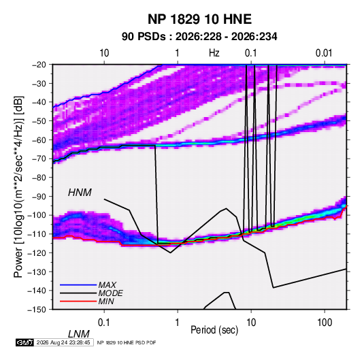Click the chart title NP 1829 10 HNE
point(199,19)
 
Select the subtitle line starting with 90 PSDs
point(199,37)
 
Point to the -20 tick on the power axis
point(39,65)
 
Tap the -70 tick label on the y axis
point(39,159)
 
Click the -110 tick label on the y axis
point(37,234)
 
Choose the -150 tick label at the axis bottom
point(37,310)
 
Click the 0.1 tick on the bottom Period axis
point(104,323)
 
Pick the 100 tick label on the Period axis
point(325,323)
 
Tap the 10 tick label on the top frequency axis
point(104,53)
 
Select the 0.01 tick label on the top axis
point(324,53)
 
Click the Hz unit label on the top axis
point(214,53)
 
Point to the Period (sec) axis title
point(214,330)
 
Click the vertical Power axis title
point(18,186)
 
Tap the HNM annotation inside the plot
point(80,193)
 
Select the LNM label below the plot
point(78,334)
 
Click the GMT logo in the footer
point(25,342)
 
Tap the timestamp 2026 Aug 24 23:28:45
point(63,342)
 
